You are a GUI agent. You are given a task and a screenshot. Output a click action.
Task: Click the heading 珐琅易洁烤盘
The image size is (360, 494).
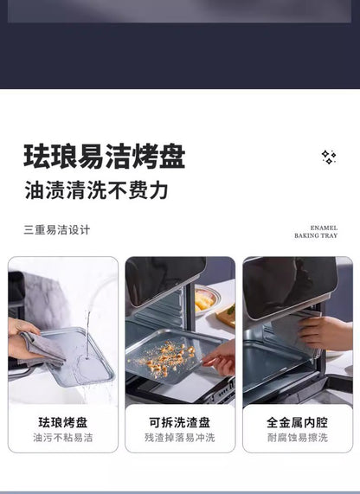click(x=105, y=157)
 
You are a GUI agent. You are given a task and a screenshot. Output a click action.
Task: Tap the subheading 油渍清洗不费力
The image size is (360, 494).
click(x=96, y=190)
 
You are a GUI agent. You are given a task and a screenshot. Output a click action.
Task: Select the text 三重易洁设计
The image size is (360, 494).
click(x=57, y=229)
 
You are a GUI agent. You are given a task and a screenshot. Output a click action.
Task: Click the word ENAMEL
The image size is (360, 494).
click(x=324, y=228)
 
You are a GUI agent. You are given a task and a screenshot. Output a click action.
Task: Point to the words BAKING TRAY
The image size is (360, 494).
click(x=316, y=235)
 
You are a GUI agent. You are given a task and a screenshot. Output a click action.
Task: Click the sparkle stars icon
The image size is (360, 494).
click(x=329, y=157)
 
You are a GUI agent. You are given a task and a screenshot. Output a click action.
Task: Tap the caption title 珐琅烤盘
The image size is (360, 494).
click(x=63, y=422)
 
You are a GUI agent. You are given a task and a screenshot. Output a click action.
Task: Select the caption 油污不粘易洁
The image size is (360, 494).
click(x=63, y=437)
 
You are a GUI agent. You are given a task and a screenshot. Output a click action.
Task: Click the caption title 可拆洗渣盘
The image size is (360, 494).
click(x=180, y=422)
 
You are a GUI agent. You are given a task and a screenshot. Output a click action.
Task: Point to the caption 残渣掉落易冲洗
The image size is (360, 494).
click(x=180, y=437)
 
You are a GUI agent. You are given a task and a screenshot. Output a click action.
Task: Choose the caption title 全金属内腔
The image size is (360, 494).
click(x=298, y=422)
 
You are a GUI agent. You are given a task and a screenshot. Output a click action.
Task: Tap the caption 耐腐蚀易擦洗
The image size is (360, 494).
click(x=298, y=437)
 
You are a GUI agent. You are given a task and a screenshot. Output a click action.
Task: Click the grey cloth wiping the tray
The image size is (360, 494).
click(x=42, y=349)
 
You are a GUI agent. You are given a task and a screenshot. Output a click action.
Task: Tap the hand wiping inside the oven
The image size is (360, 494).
click(x=325, y=333)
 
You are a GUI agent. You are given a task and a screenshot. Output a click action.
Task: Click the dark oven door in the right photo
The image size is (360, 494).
click(x=290, y=286)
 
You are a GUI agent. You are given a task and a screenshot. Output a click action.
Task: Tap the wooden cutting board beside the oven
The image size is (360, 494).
click(x=227, y=317)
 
